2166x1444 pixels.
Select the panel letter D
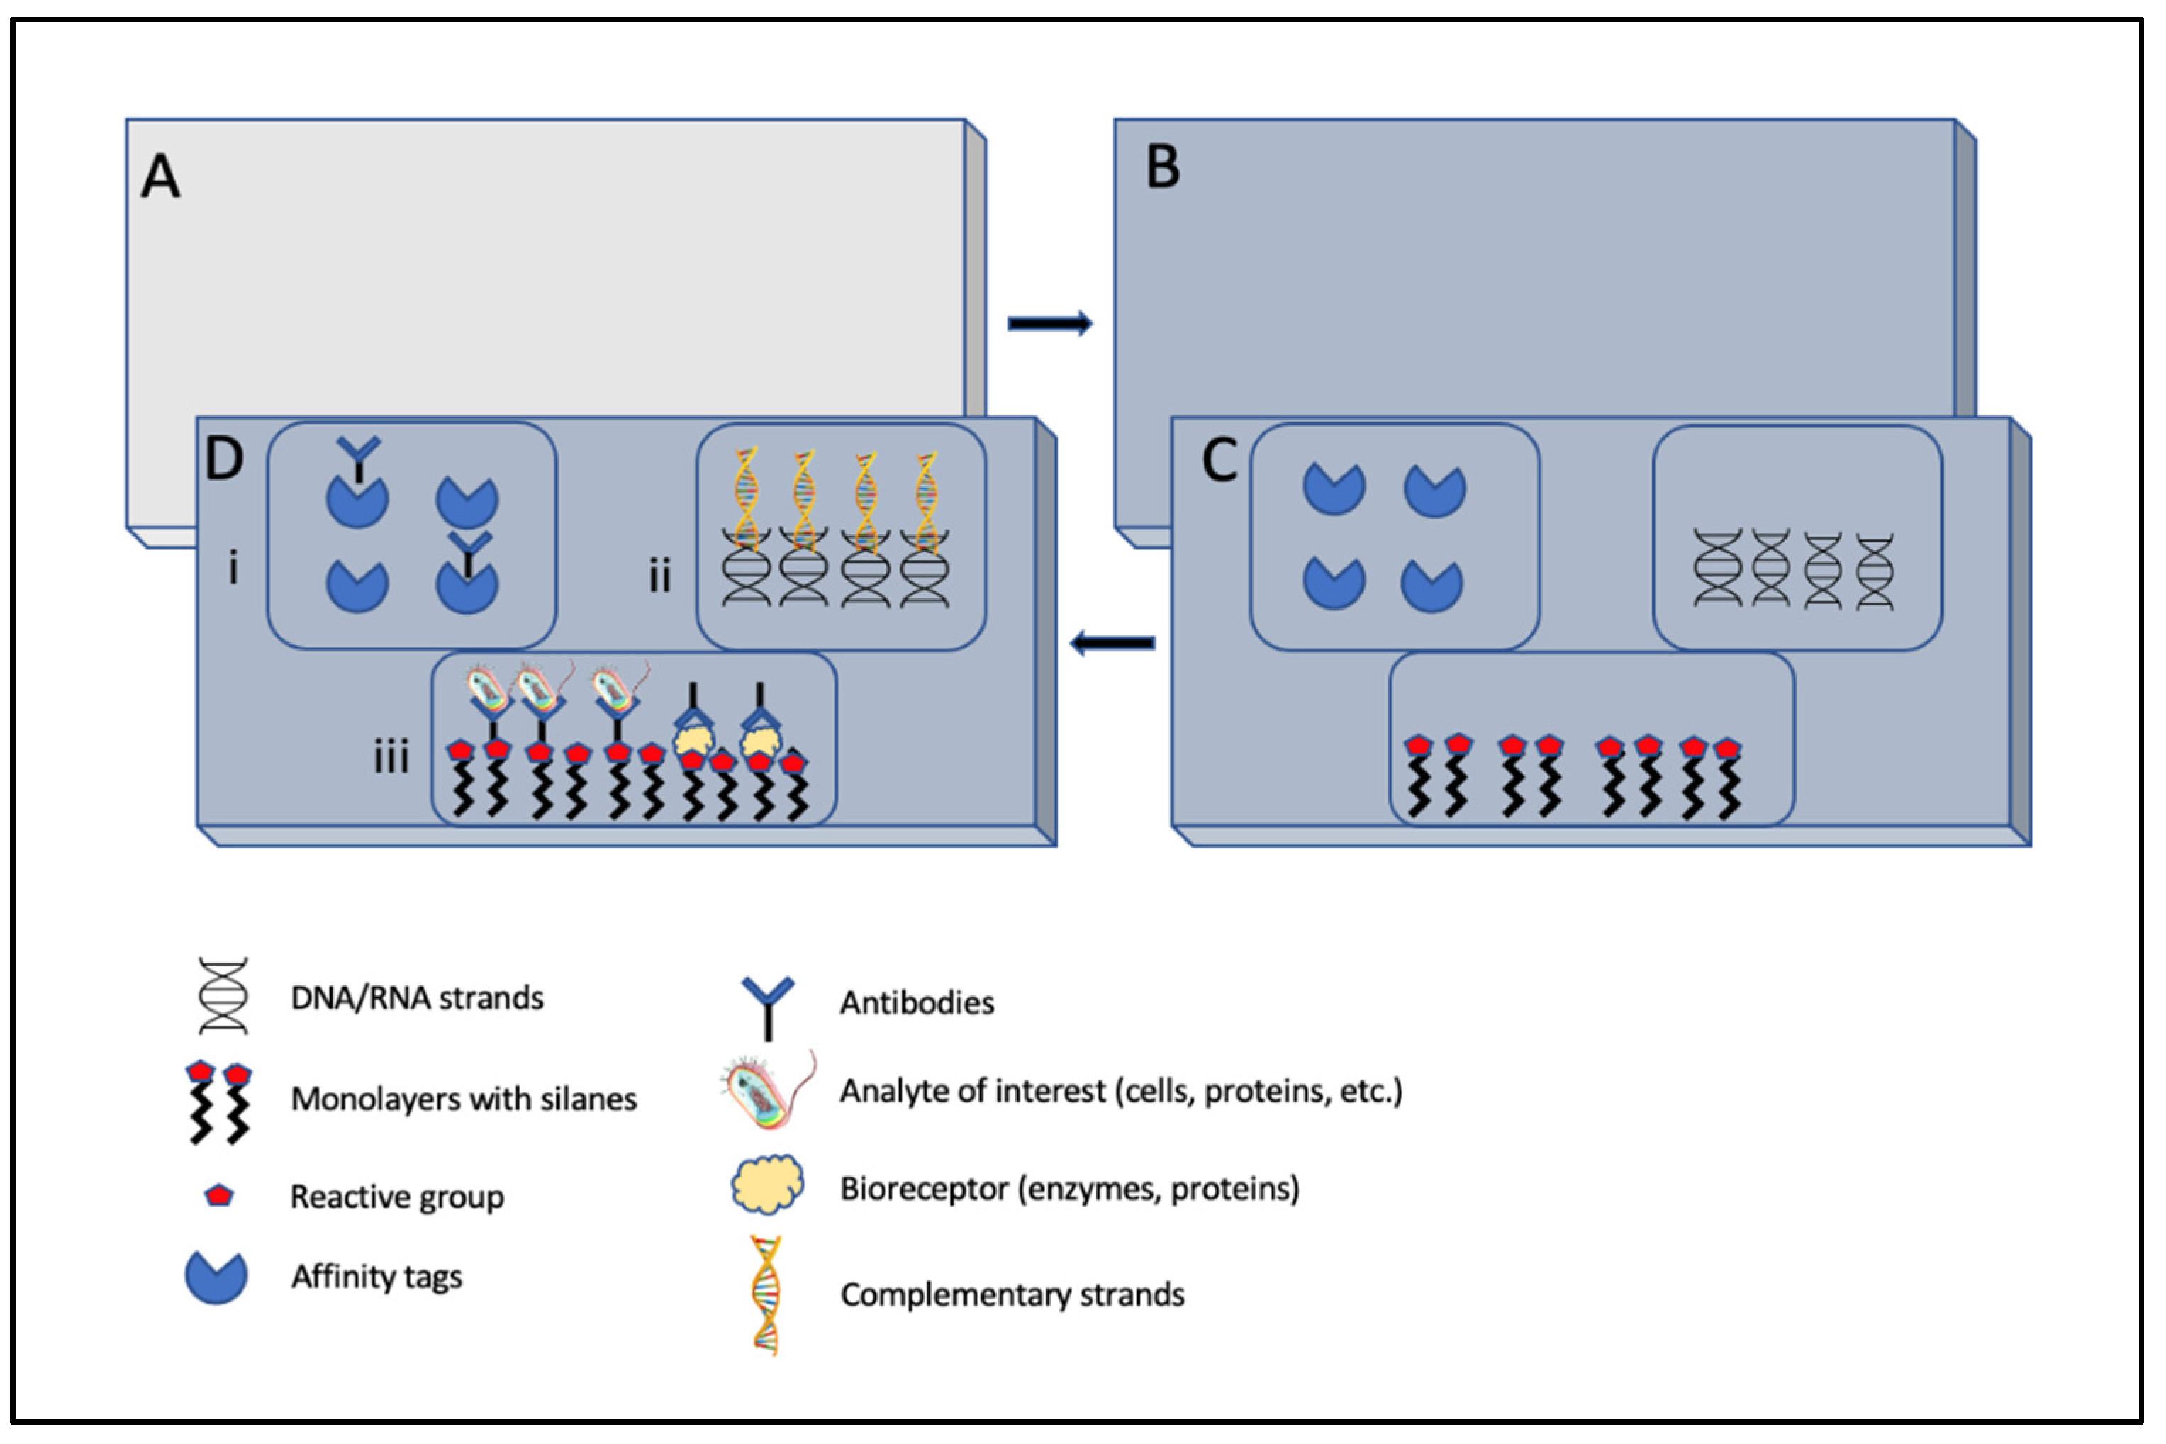tap(224, 458)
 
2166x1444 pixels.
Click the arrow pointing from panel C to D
tap(1112, 643)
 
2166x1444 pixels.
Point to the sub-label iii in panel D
tap(391, 757)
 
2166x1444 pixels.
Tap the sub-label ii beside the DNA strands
tap(659, 576)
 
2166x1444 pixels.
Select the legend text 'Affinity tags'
tap(376, 1277)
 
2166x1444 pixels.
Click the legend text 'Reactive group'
tap(397, 1197)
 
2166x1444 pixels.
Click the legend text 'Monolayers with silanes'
tap(463, 1099)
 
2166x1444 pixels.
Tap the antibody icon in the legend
tap(768, 1007)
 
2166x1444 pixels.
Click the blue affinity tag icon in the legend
tap(216, 1277)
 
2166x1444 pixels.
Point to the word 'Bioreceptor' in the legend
tap(924, 1189)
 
